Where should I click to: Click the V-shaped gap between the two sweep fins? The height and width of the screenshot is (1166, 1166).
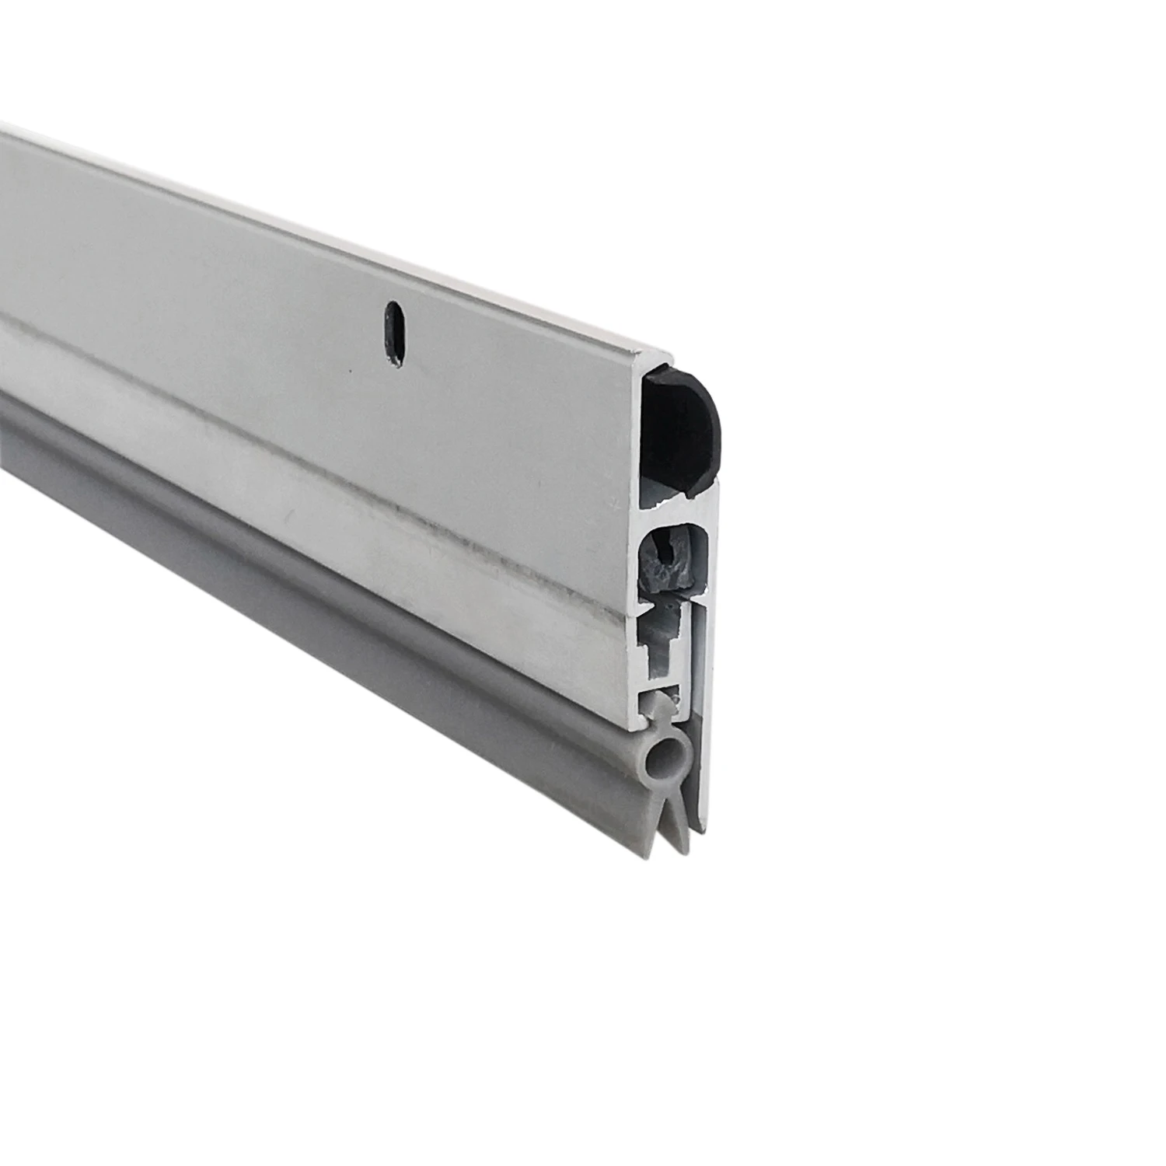(667, 816)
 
